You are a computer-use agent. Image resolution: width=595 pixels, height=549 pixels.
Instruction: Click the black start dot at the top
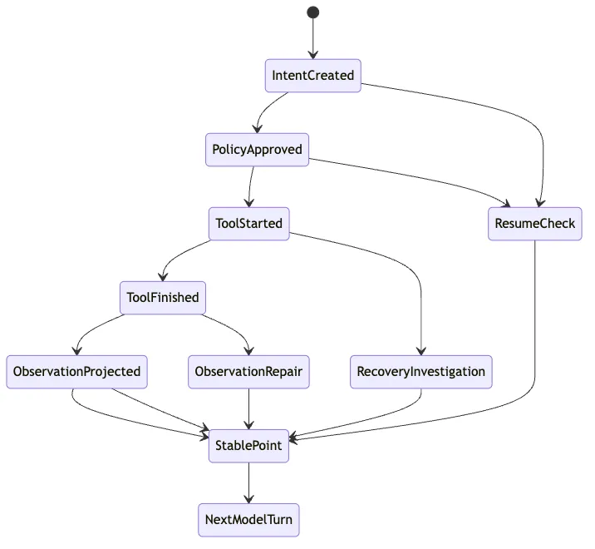[313, 12]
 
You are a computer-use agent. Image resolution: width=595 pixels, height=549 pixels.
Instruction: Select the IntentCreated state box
[313, 76]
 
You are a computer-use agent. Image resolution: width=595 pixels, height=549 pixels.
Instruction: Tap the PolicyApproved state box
[258, 150]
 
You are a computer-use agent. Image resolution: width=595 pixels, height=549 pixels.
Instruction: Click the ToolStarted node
[249, 224]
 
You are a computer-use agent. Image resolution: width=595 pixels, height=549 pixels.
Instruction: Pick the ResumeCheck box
[535, 224]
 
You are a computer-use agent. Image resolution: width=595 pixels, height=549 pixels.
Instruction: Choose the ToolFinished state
[163, 298]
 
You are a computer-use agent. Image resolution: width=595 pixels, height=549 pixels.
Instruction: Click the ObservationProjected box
[76, 372]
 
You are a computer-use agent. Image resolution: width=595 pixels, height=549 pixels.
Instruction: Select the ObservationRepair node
[249, 372]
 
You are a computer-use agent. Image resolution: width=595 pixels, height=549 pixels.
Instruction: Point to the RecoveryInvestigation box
[421, 372]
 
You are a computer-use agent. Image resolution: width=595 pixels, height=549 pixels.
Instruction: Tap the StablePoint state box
[249, 446]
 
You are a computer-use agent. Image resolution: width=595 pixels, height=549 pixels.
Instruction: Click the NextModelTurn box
[249, 520]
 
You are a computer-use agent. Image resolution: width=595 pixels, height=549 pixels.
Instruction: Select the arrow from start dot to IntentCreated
[313, 39]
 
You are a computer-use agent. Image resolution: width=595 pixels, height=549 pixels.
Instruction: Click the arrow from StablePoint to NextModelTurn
[249, 483]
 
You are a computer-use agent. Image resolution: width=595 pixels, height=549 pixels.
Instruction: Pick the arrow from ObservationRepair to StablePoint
[249, 408]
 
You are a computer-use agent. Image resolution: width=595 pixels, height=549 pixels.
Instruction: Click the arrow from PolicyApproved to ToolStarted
[250, 186]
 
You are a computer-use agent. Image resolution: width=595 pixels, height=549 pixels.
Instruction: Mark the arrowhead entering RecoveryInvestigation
[421, 351]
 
